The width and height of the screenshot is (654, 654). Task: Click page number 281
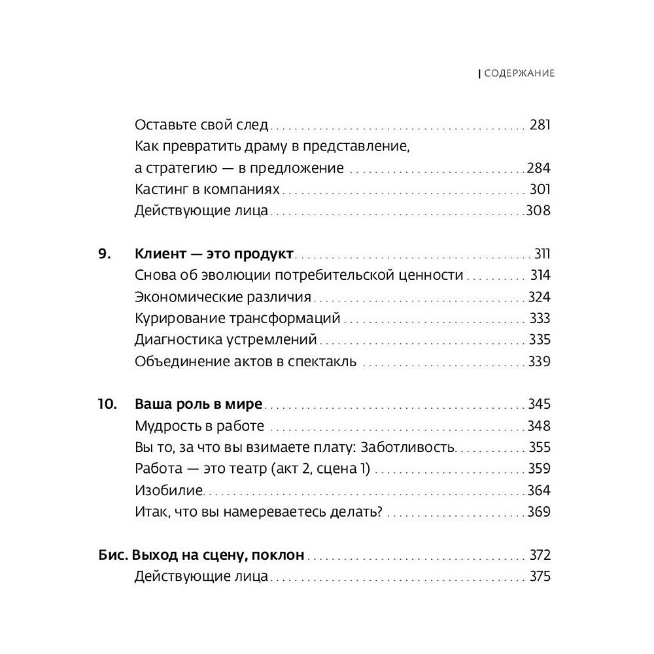click(540, 124)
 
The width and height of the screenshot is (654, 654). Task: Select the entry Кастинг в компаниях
click(207, 190)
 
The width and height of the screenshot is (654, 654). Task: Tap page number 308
click(539, 211)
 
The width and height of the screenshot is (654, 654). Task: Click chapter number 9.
click(105, 254)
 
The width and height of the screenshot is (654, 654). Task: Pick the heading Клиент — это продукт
click(215, 254)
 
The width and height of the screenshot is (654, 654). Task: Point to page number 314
click(540, 275)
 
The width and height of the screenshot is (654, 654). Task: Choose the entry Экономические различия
click(222, 297)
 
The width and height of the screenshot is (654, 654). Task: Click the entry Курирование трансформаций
click(237, 318)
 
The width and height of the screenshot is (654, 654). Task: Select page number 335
click(539, 340)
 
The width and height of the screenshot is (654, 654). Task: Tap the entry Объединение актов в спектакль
click(245, 362)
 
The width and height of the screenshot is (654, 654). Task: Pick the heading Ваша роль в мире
click(198, 404)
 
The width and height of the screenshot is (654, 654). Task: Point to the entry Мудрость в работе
click(199, 426)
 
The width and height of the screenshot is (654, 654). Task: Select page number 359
click(539, 469)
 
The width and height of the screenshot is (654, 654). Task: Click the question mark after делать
click(379, 512)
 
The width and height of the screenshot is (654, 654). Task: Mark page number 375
click(540, 577)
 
